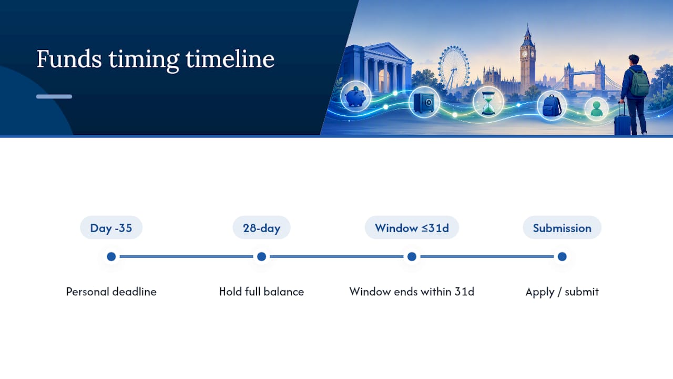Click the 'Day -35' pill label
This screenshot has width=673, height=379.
pos(111,228)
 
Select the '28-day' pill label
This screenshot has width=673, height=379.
pos(261,228)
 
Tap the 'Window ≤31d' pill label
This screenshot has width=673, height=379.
pos(412,228)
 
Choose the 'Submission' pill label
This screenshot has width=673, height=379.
pos(562,228)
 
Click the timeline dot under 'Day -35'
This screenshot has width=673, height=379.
pos(111,256)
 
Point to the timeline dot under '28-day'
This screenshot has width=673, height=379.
pos(261,256)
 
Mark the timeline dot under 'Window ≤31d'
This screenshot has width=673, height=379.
pos(412,256)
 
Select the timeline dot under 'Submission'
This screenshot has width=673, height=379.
pos(562,256)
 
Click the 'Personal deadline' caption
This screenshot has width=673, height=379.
pos(111,292)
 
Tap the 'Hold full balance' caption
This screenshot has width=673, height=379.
pos(261,292)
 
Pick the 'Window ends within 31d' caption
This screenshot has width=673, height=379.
pos(412,292)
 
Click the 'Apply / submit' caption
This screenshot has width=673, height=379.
pos(562,292)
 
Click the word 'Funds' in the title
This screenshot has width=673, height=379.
pos(69,59)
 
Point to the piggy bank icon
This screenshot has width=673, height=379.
pos(355,97)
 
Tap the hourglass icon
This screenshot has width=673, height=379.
pos(488,103)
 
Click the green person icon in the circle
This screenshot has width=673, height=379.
pos(596,108)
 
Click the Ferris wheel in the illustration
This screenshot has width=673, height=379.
pos(453,68)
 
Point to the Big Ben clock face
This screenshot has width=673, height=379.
pos(525,54)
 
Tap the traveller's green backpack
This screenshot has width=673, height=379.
pos(639,83)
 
